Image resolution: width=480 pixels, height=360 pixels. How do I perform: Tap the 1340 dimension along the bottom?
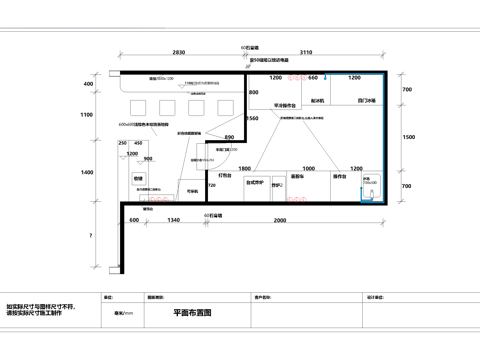click(173, 219)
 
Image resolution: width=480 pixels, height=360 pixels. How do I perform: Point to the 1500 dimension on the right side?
click(407, 137)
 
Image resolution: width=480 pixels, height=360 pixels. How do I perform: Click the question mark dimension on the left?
click(89, 235)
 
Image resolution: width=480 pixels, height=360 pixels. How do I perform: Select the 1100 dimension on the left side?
click(88, 115)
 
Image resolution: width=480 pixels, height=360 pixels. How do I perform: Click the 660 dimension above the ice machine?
click(313, 77)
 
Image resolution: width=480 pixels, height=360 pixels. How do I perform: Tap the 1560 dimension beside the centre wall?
click(252, 118)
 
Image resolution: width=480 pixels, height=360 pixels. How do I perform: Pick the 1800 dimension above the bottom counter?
click(244, 169)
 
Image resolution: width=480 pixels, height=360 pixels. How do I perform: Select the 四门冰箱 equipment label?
click(366, 101)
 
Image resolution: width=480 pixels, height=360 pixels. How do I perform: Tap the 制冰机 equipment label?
click(318, 101)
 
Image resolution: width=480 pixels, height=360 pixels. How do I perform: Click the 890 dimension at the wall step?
click(229, 136)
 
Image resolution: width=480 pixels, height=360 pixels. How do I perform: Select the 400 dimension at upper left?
click(88, 84)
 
